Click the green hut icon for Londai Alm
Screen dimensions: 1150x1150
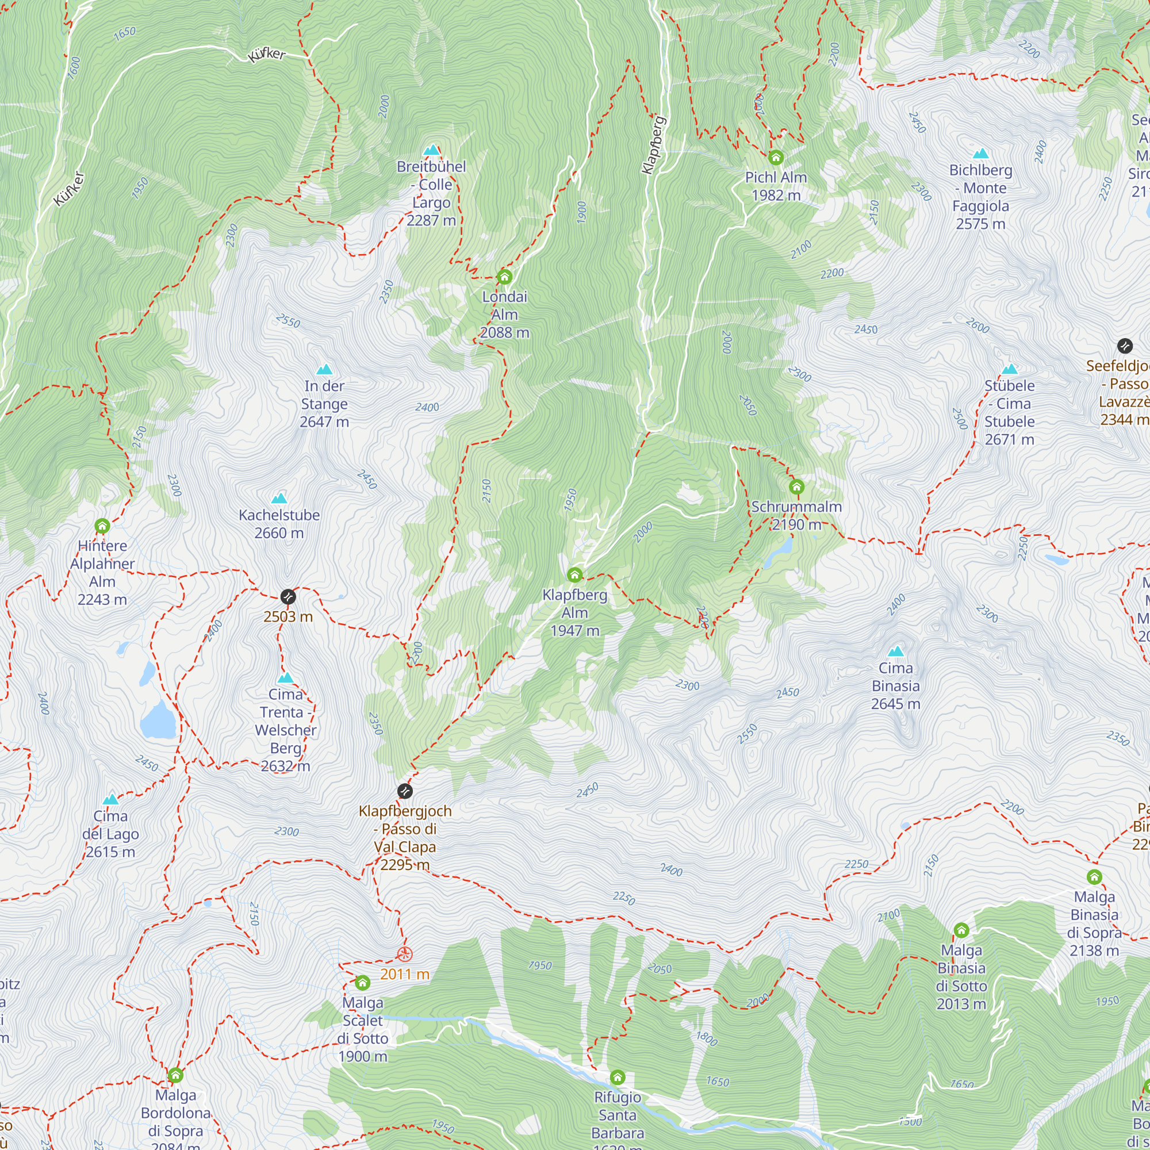point(505,277)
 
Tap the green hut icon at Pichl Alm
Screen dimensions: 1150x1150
point(776,158)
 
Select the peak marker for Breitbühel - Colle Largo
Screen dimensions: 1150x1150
point(432,150)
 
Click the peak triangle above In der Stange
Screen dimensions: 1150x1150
point(324,370)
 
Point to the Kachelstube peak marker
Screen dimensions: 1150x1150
point(279,498)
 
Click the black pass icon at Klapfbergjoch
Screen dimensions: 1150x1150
point(405,791)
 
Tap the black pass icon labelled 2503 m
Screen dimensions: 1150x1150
point(288,596)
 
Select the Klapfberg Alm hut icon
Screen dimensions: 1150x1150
point(574,575)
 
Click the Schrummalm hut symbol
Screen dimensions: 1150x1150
point(796,488)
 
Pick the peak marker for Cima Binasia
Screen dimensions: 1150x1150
point(896,651)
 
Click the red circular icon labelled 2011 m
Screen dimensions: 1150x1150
point(405,954)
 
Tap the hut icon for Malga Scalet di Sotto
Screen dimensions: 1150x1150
point(362,982)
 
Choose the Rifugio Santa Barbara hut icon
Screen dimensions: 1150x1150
point(618,1078)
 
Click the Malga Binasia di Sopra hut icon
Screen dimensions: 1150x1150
point(1094,877)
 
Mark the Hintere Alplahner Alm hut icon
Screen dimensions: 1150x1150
point(102,526)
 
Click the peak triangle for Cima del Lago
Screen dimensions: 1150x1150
point(111,799)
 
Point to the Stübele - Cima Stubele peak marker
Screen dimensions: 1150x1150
point(1010,369)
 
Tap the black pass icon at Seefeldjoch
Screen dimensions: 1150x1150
point(1124,346)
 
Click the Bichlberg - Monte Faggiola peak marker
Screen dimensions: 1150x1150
point(980,154)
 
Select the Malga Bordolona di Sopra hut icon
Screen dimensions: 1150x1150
point(175,1075)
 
